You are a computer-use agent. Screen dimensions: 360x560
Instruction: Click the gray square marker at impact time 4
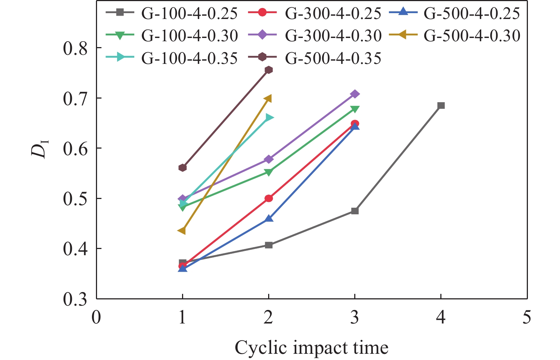441,106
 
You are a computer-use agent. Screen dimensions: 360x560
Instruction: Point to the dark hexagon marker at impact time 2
269,70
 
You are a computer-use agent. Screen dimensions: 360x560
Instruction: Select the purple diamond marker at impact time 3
355,94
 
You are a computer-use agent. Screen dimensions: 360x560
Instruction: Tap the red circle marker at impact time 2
269,198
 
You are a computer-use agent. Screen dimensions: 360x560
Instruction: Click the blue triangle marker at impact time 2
269,218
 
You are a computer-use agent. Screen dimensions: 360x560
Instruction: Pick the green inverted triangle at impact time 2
269,172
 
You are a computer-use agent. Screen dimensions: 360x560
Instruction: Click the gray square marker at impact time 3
355,211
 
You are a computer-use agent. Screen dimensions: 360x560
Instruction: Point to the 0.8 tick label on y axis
76,48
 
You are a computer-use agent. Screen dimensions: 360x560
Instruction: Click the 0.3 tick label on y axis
76,299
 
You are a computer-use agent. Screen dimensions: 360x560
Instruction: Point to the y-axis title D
39,149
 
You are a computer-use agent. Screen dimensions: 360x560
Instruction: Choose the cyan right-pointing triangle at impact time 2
269,118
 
